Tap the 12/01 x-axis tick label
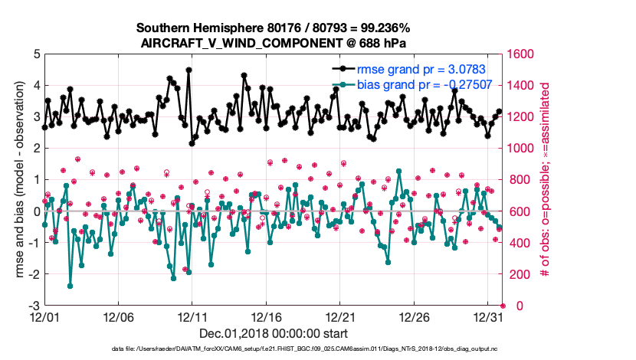(x=44, y=316)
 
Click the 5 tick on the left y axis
(x=35, y=54)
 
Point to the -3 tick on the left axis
(x=33, y=306)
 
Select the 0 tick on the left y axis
(x=35, y=211)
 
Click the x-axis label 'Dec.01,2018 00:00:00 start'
(x=274, y=333)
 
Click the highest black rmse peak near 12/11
(x=189, y=70)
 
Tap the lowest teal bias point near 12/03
(x=70, y=286)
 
